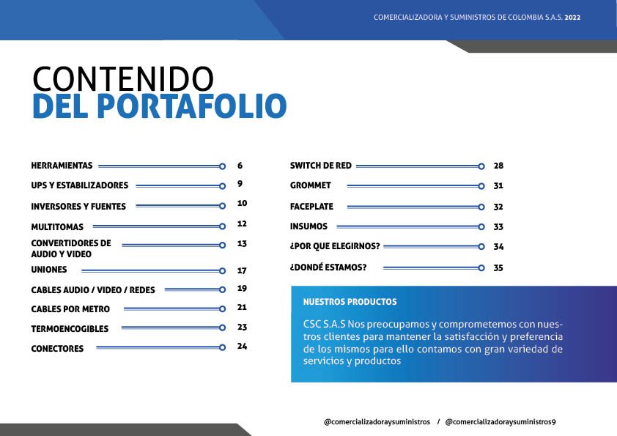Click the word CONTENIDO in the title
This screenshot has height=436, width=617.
click(123, 78)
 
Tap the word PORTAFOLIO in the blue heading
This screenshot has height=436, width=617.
click(192, 106)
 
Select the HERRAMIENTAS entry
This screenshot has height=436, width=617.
click(62, 166)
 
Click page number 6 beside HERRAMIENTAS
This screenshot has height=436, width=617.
click(240, 166)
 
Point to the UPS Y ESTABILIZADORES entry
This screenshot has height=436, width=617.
click(80, 185)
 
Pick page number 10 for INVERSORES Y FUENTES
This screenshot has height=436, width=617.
click(242, 204)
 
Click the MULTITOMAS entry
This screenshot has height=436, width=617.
click(57, 227)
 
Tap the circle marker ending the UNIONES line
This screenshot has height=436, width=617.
click(222, 271)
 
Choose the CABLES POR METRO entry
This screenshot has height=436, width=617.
click(70, 309)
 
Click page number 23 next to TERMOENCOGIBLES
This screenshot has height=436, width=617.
click(242, 328)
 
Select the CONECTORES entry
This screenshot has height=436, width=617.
click(57, 349)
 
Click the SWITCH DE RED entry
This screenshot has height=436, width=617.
click(321, 166)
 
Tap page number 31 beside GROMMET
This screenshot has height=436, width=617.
click(498, 185)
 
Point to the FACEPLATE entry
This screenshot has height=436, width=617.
click(311, 207)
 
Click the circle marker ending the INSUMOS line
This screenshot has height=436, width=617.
click(481, 226)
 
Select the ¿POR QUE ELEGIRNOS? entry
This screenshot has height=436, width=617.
click(335, 246)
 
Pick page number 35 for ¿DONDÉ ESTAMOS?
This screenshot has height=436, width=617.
click(498, 268)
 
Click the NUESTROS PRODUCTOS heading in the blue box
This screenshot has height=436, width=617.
click(350, 302)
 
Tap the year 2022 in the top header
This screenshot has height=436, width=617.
click(572, 18)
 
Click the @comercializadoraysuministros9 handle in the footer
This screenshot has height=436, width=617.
click(500, 422)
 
